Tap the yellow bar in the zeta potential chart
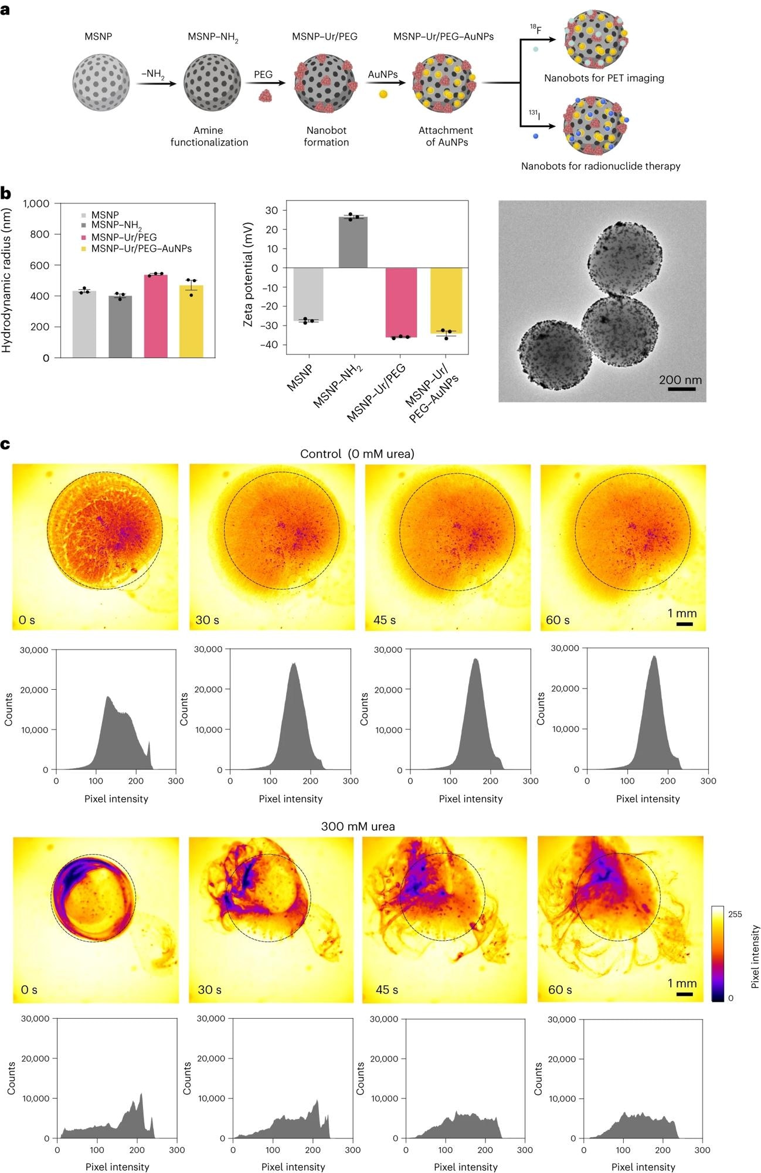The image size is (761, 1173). point(446,300)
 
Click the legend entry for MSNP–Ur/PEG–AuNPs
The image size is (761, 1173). point(141,249)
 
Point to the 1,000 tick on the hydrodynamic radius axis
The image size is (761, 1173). point(36,204)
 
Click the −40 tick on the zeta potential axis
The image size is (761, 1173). point(270,345)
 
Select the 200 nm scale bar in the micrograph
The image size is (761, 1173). point(681,388)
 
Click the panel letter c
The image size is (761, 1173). point(5,443)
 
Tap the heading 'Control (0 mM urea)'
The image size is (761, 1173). point(357,454)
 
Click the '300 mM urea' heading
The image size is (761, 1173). point(358,826)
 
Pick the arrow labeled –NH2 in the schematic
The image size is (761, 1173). point(156,84)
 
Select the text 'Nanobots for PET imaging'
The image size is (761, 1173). point(604,78)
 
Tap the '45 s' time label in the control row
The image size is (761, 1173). point(385,620)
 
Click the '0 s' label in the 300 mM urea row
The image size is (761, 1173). point(29,990)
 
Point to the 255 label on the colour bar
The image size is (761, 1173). point(735,914)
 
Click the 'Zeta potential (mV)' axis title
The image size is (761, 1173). point(248,274)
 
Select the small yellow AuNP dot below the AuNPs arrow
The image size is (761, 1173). point(383,94)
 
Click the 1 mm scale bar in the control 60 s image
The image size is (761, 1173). point(684,624)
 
